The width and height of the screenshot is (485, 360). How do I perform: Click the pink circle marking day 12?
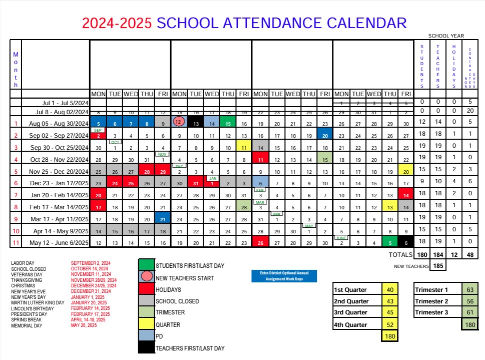pyautogui.click(x=179, y=122)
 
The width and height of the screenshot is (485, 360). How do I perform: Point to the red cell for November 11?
pyautogui.click(x=260, y=160)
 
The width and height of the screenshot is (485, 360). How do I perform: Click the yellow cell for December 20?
pyautogui.click(x=405, y=172)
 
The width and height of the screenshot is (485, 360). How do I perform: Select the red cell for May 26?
pyautogui.click(x=260, y=243)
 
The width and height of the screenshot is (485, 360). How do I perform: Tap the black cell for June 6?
pyautogui.click(x=405, y=243)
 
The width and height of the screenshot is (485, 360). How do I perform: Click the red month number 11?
pyautogui.click(x=16, y=243)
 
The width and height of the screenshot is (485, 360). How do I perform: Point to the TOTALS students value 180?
pyautogui.click(x=422, y=255)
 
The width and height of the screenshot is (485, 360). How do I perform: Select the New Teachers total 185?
pyautogui.click(x=438, y=266)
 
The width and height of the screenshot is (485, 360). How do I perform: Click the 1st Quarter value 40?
pyautogui.click(x=390, y=290)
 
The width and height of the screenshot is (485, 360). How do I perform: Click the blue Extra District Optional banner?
pyautogui.click(x=284, y=276)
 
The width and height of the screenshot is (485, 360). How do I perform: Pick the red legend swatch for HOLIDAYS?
pyautogui.click(x=146, y=289)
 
